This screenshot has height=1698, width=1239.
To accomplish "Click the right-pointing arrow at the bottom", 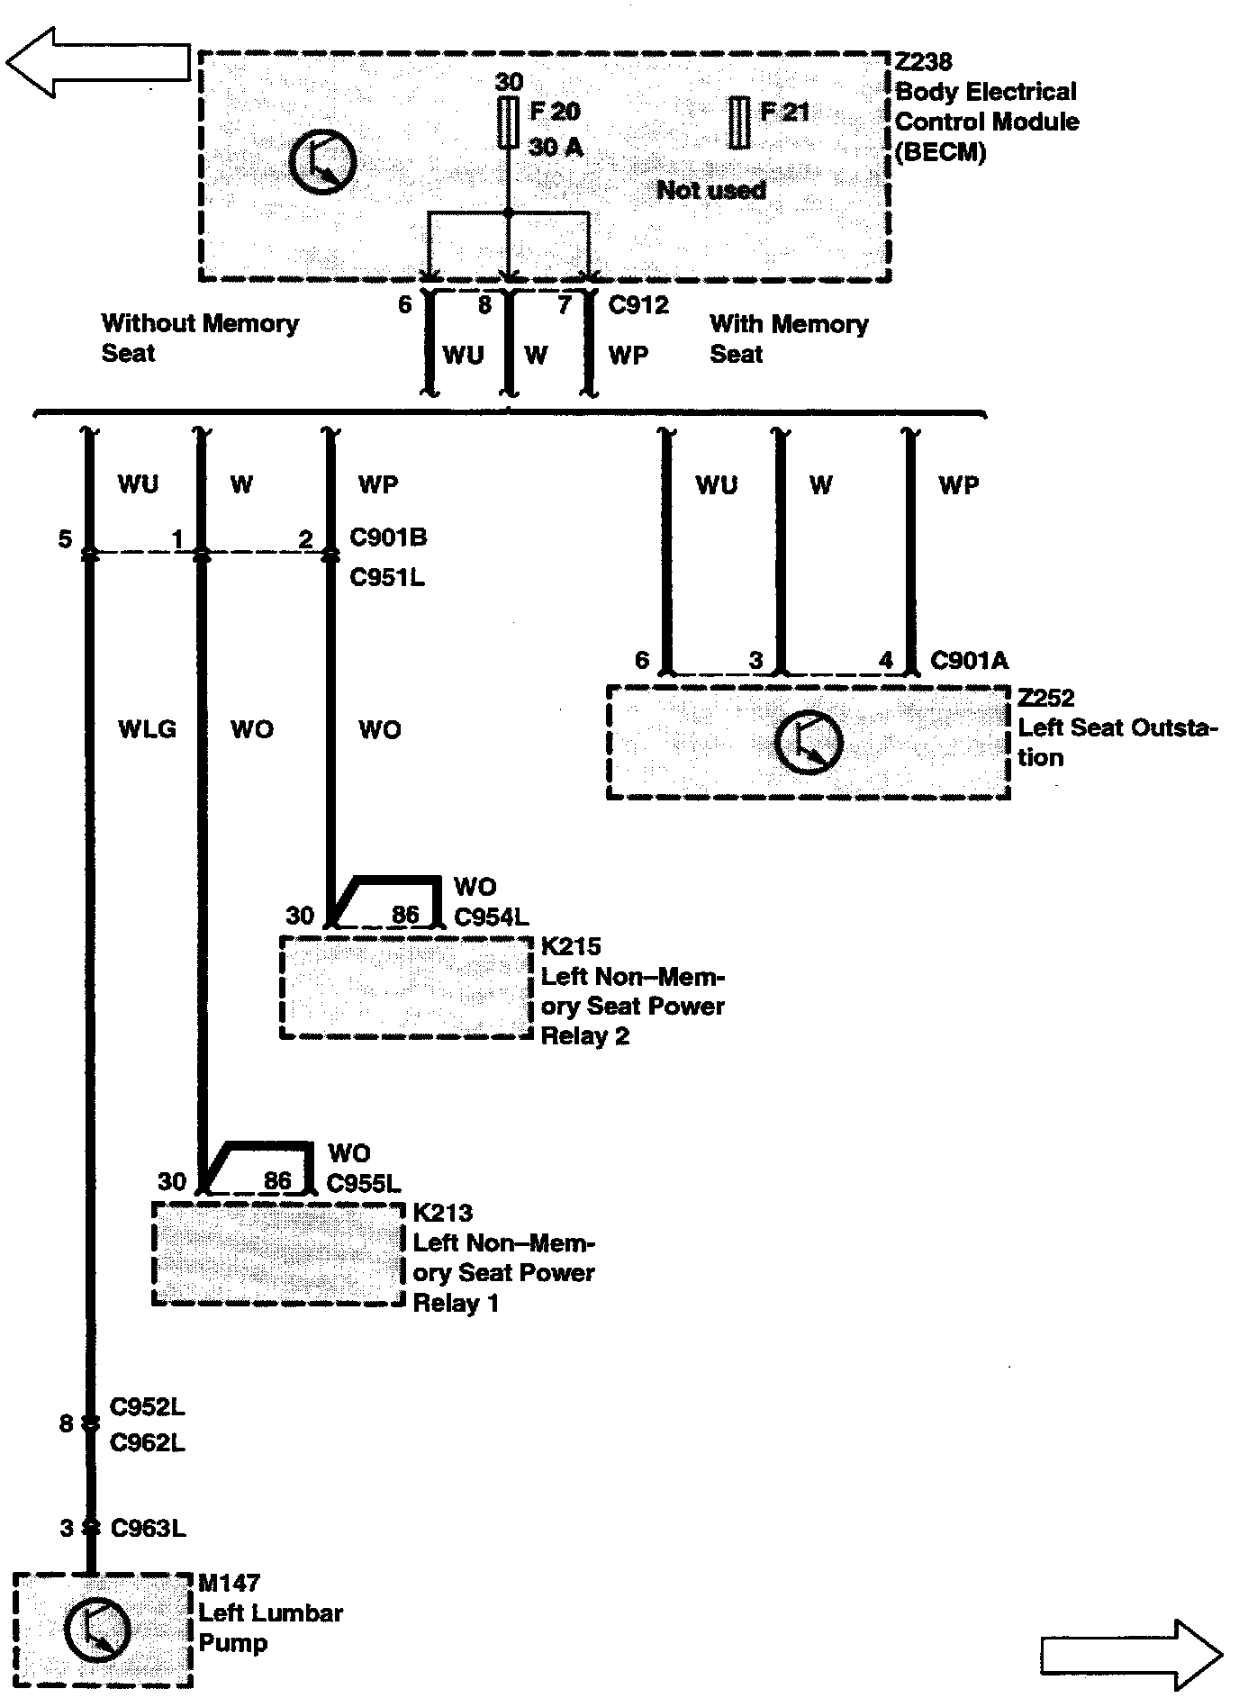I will (1131, 1654).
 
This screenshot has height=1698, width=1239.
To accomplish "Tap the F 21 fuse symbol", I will (739, 122).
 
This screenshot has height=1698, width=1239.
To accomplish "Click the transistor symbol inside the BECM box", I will (322, 162).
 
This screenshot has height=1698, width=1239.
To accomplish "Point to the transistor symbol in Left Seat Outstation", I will (808, 743).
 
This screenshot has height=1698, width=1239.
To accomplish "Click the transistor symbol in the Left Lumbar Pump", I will (97, 1629).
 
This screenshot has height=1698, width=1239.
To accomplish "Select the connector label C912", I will (638, 305).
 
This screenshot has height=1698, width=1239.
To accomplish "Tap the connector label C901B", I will (388, 537).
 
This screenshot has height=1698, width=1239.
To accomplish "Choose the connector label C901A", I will (969, 661).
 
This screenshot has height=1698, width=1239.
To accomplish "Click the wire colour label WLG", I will (148, 729).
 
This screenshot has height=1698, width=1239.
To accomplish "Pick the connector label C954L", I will (491, 917).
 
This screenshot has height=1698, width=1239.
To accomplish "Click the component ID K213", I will (442, 1213).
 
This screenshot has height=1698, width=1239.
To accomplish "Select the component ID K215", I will (570, 947).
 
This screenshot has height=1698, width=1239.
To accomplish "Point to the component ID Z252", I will (1046, 698).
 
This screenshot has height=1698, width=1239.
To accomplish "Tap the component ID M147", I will (230, 1582).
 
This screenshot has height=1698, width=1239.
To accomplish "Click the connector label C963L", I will (148, 1528).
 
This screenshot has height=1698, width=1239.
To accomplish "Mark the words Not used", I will (711, 190).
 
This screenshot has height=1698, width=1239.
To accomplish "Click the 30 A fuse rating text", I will (556, 147).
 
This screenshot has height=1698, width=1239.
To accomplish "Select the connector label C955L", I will (363, 1183).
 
